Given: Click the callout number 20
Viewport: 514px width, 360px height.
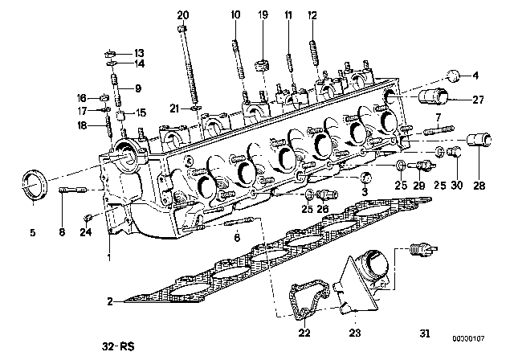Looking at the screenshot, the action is click(x=183, y=15).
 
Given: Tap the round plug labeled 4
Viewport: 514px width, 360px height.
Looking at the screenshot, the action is click(x=453, y=76).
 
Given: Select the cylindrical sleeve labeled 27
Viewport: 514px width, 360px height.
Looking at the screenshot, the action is click(x=434, y=96).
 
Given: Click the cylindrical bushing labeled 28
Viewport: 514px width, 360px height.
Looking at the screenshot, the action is click(x=479, y=141).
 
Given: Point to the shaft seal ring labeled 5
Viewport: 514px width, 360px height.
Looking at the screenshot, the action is click(x=34, y=184).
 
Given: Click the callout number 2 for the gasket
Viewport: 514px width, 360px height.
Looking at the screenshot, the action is click(x=110, y=301).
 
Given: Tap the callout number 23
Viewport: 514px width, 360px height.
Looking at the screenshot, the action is click(x=355, y=333).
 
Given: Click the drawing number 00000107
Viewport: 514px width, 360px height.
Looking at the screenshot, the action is click(x=468, y=338).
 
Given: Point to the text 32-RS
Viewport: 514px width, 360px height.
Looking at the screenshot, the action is click(x=118, y=346).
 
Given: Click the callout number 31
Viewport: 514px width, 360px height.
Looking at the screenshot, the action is click(x=425, y=333).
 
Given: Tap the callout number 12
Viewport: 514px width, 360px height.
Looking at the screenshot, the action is click(x=312, y=15).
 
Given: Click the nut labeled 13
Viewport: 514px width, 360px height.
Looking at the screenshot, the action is click(x=111, y=53).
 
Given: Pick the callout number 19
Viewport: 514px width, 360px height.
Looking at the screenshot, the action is click(x=263, y=14).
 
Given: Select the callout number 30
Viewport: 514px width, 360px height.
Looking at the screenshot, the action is click(x=457, y=186).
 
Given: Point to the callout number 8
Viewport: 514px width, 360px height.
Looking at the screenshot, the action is click(x=62, y=232).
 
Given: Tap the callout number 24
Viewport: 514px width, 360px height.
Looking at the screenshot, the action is click(x=86, y=232).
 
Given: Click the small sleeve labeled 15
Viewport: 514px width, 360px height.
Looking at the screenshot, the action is click(x=121, y=116).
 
